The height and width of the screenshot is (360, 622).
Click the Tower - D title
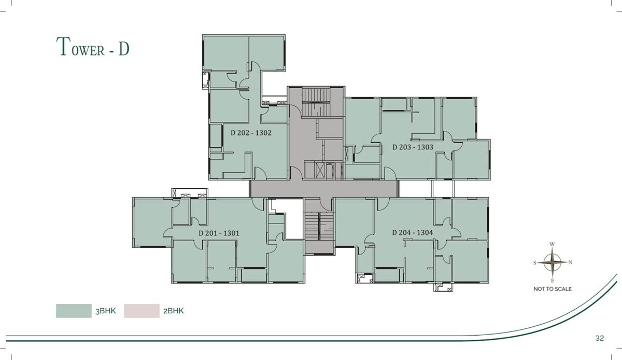[93, 47]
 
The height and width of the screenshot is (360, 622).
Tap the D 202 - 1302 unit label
[251, 133]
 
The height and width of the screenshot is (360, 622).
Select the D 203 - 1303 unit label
[413, 147]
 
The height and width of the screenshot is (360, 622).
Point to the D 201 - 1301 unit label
[219, 233]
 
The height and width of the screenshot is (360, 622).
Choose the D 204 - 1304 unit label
[413, 232]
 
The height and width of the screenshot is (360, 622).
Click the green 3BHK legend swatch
[74, 311]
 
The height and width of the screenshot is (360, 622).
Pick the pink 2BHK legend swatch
[142, 311]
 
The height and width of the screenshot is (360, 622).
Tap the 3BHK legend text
[106, 311]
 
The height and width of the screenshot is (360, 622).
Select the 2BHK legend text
[174, 311]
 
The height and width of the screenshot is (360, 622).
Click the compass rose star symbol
[553, 262]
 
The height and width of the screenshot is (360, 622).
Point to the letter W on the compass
[552, 244]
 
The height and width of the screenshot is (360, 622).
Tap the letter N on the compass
[570, 262]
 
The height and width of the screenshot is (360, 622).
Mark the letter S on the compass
[535, 262]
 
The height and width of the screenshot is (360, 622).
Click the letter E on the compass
[553, 281]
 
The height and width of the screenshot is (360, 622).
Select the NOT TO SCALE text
[553, 289]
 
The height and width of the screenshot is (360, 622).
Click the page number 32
[600, 338]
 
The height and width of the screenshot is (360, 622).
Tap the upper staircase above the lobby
[316, 102]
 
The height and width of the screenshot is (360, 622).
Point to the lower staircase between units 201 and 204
[319, 226]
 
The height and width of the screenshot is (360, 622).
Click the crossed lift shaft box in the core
[320, 170]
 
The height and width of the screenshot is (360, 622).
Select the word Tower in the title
[80, 47]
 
